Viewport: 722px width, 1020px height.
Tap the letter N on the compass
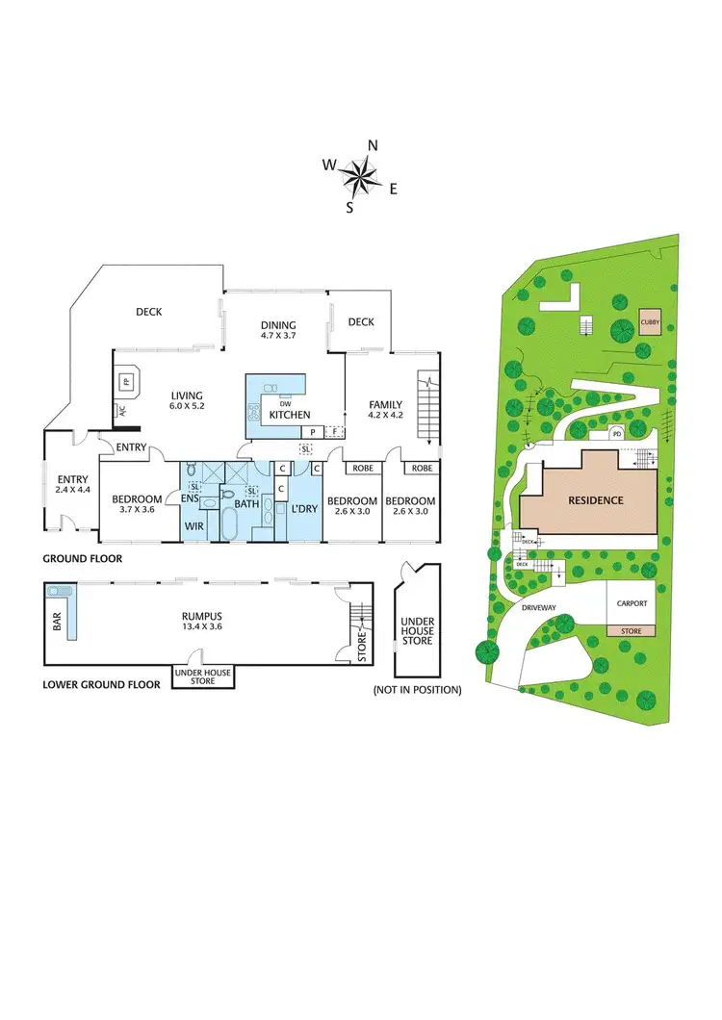click(373, 145)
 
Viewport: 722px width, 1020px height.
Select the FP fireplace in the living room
click(125, 381)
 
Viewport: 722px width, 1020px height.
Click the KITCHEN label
click(289, 415)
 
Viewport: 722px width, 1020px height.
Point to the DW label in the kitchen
click(286, 403)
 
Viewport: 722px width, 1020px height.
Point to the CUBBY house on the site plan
click(651, 322)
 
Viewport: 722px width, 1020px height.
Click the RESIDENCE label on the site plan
click(595, 500)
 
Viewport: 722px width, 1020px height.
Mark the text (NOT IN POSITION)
click(417, 690)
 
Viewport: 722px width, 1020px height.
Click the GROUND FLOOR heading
click(81, 558)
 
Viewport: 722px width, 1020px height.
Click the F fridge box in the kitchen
click(335, 432)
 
